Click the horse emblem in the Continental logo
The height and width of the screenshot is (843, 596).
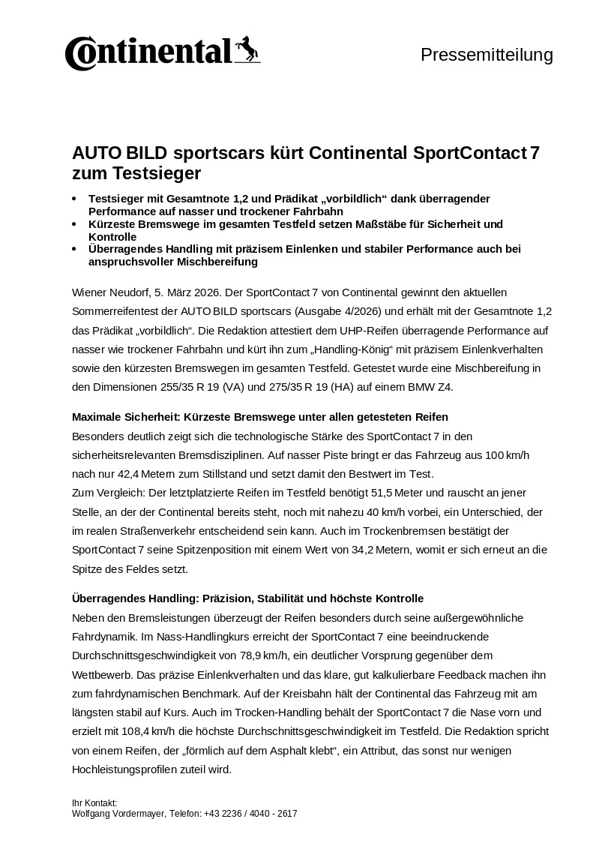(247, 49)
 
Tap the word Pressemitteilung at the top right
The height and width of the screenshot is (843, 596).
(487, 55)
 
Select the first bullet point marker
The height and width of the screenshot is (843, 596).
(73, 199)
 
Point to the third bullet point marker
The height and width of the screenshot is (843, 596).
(73, 249)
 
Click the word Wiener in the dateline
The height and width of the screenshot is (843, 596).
(89, 291)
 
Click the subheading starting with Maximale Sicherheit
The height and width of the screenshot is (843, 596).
(259, 416)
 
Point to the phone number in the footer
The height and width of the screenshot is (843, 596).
(250, 813)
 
